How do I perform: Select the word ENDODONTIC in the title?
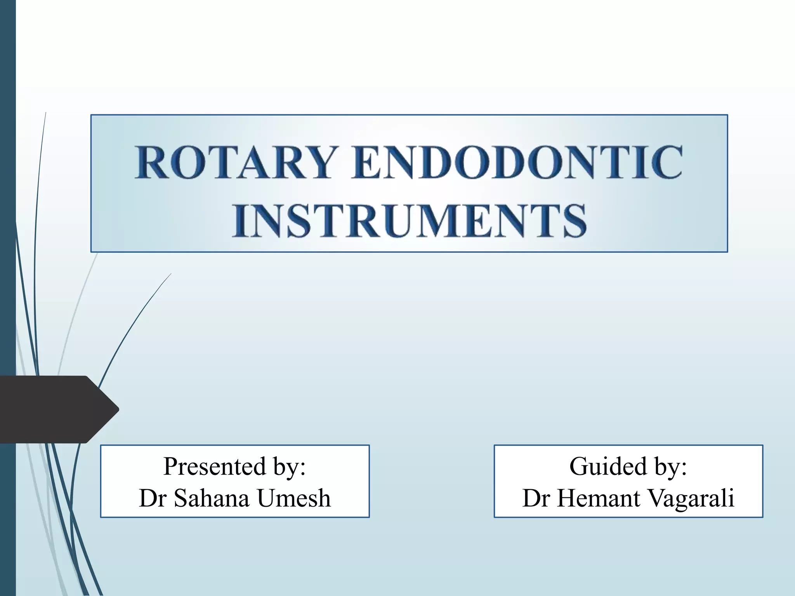point(517,162)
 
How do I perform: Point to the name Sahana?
point(211,498)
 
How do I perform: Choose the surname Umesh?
point(293,498)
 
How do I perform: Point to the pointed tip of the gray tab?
point(118,409)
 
